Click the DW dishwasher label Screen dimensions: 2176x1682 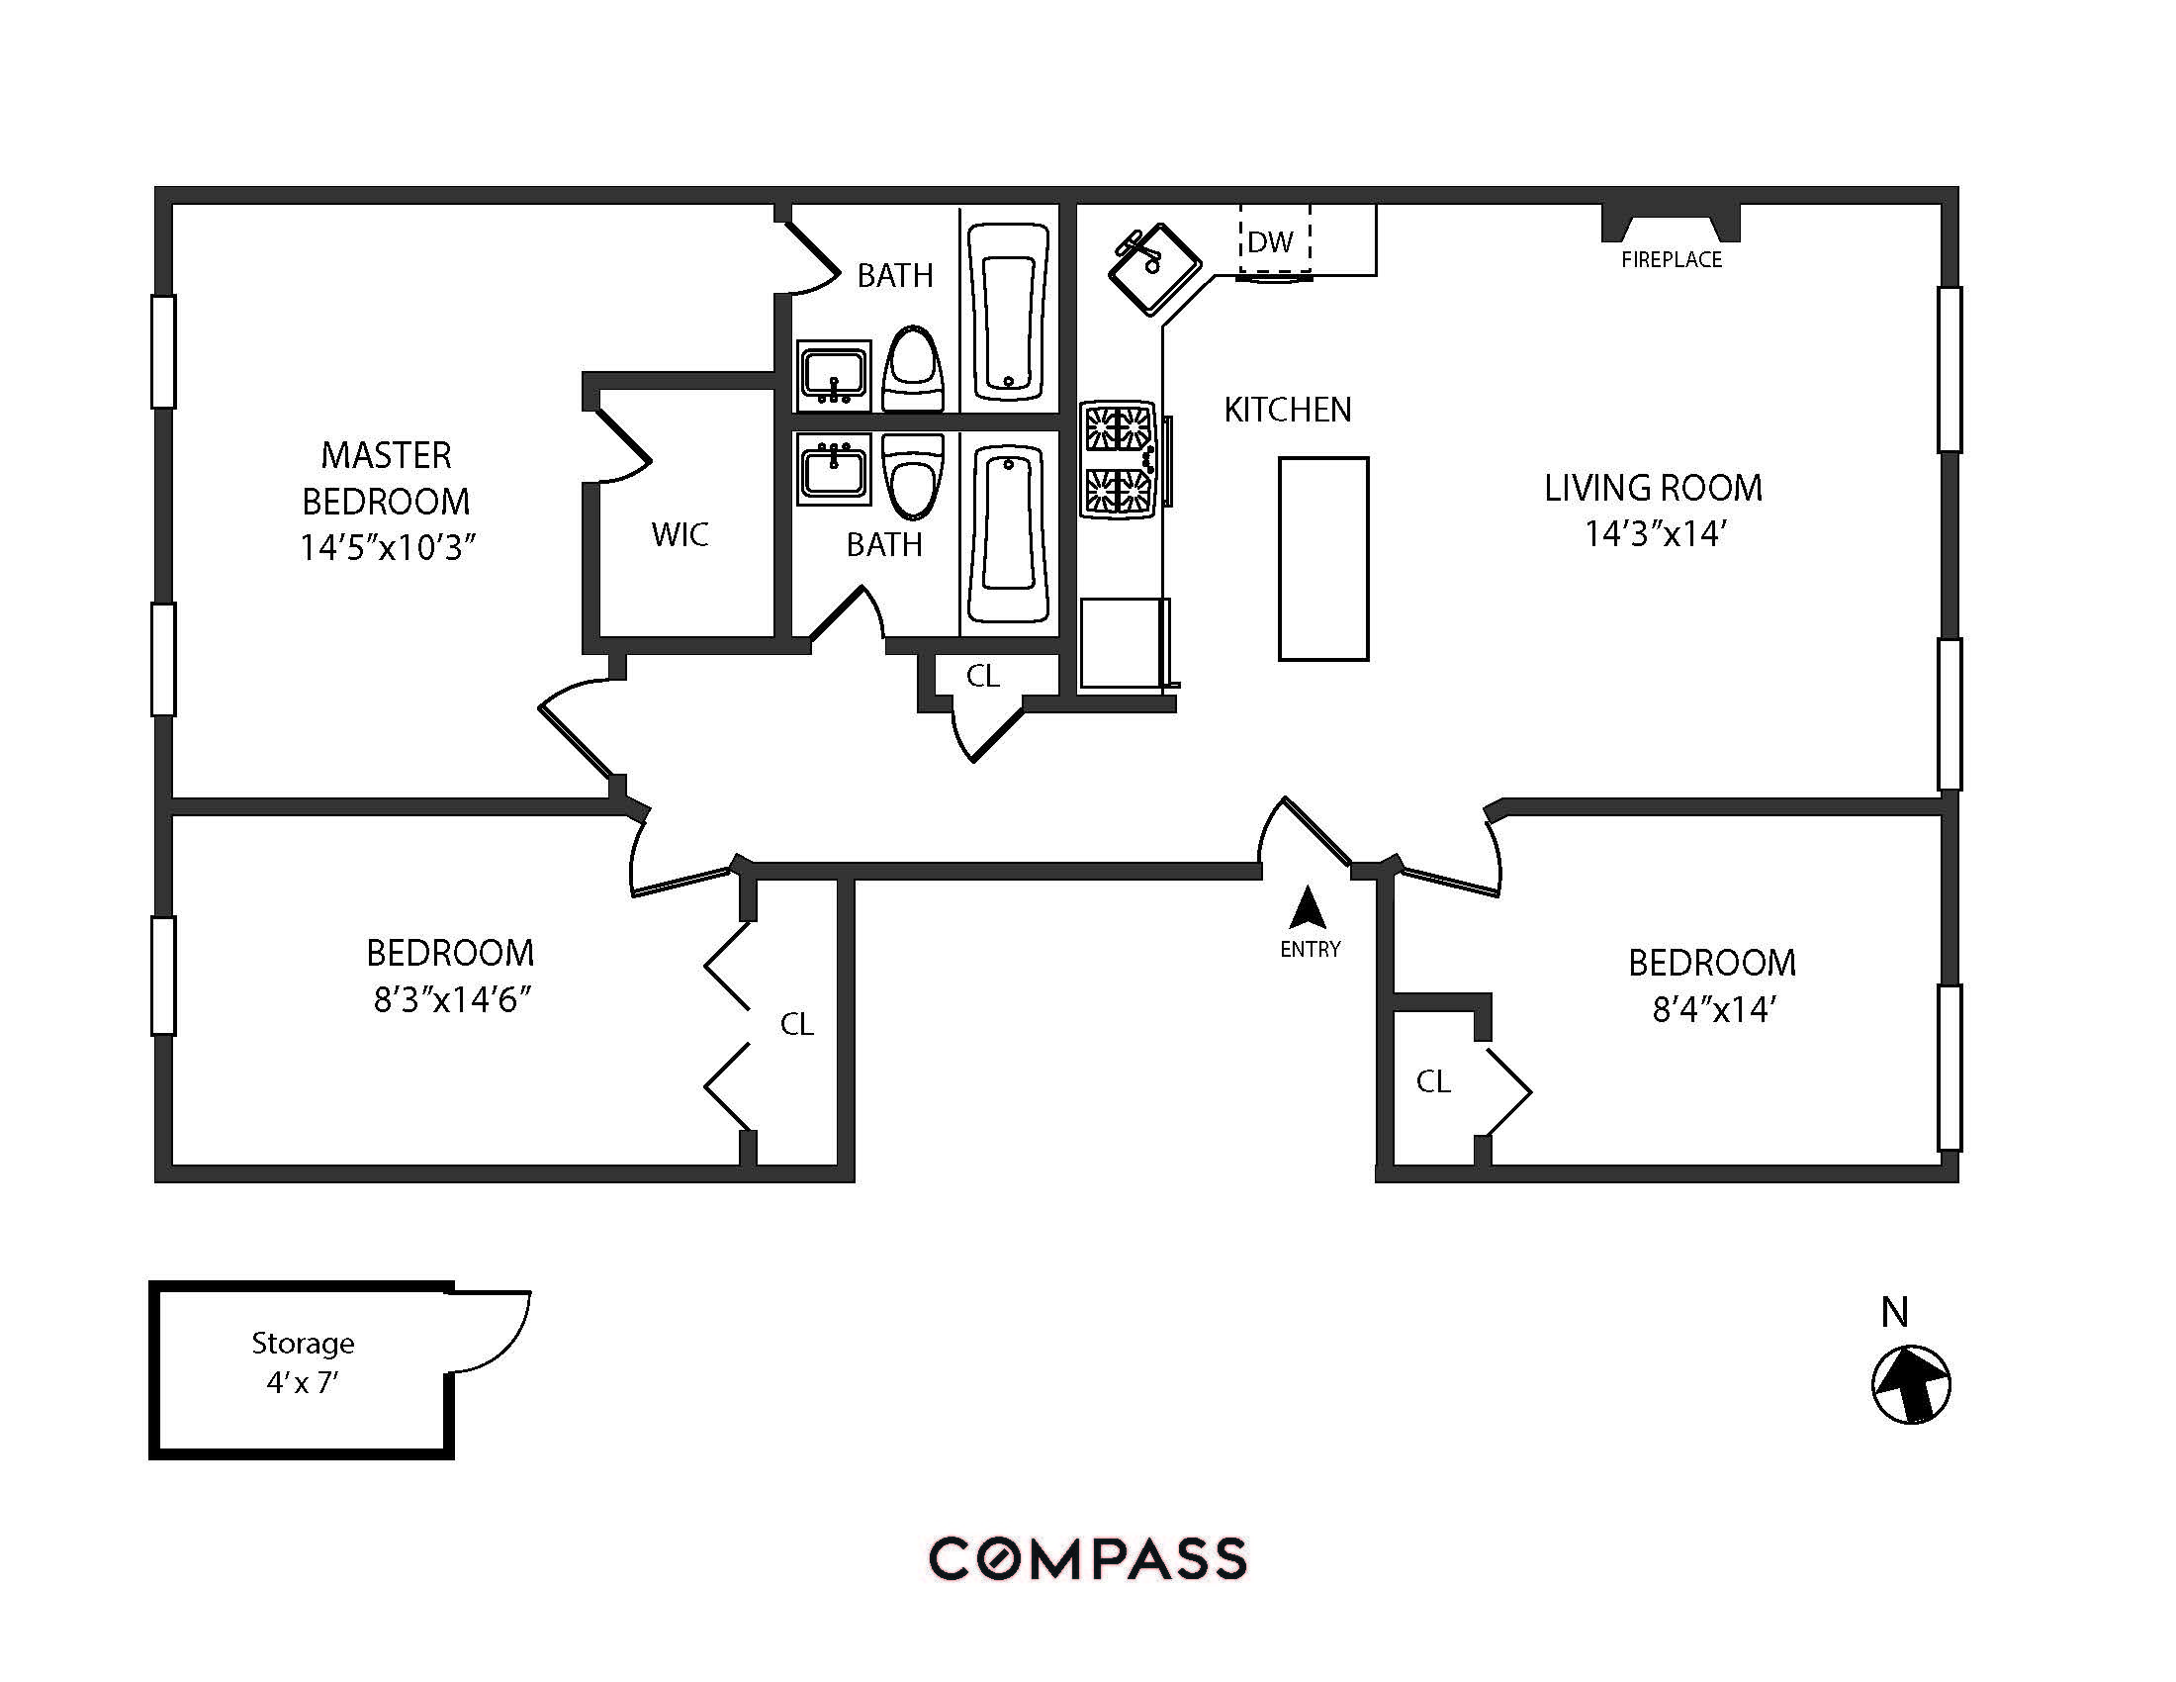1270,242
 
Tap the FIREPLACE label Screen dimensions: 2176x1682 1671,260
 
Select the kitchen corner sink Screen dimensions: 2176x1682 1153,266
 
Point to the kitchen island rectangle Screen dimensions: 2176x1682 1323,558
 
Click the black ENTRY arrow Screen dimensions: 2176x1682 1308,908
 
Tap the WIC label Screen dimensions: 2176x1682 680,535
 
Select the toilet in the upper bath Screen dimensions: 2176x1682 913,369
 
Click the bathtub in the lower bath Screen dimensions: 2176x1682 1008,533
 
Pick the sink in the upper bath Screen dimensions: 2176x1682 834,375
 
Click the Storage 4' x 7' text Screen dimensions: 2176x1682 303,1363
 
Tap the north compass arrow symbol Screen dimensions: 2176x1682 1911,1385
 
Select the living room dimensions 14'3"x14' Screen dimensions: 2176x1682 1655,535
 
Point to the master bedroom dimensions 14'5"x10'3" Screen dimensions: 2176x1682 388,548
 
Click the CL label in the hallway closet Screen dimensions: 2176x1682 982,677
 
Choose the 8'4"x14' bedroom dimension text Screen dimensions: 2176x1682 1714,1010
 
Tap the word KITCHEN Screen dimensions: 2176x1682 1287,410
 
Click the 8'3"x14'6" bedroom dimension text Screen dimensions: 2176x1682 451,999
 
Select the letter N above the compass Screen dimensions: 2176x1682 1894,1313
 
